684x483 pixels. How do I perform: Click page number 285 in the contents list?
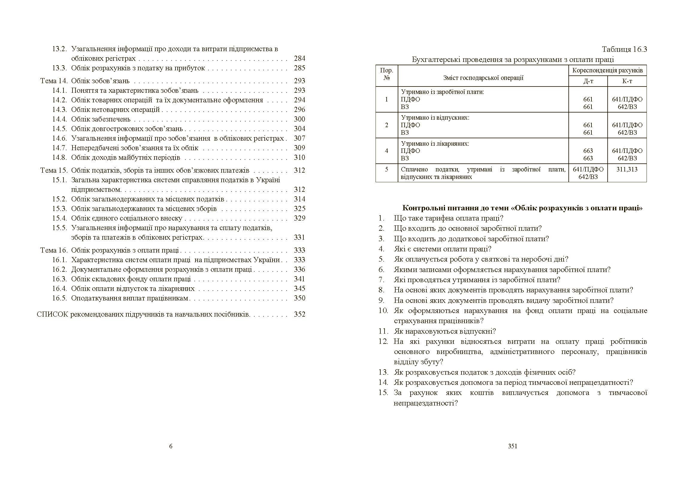[299, 68]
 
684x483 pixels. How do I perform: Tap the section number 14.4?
[59, 119]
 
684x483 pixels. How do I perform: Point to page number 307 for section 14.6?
[299, 139]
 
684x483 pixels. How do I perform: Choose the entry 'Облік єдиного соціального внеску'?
[127, 218]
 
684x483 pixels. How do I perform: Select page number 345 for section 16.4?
[299, 289]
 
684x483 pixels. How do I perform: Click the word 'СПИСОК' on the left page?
[52, 315]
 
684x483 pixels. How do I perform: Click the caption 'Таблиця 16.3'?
[625, 49]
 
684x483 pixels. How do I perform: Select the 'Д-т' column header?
[588, 81]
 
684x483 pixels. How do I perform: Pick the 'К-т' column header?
[627, 81]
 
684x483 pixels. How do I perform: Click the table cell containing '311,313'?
[627, 170]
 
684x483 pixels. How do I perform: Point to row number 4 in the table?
[386, 151]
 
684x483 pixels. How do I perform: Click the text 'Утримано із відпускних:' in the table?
[435, 118]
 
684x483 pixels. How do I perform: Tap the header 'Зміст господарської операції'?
[483, 78]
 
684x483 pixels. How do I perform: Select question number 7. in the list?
[381, 280]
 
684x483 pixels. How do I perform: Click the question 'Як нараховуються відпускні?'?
[445, 331]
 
